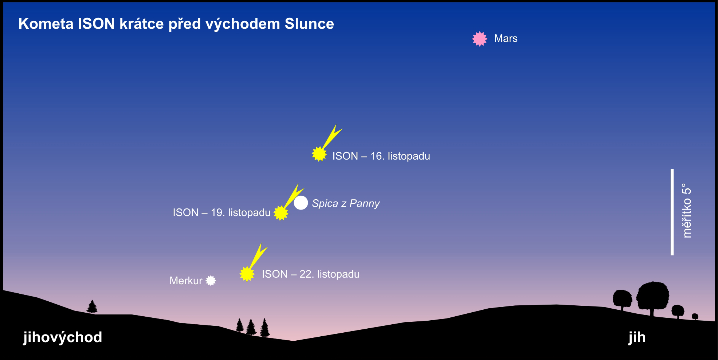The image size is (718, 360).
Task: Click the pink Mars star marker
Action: pyautogui.click(x=479, y=39)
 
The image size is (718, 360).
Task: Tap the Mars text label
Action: pyautogui.click(x=506, y=39)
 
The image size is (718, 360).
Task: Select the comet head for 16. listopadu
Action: pyautogui.click(x=319, y=154)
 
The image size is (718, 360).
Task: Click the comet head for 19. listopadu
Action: pyautogui.click(x=280, y=213)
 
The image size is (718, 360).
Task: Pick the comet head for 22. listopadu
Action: pyautogui.click(x=247, y=274)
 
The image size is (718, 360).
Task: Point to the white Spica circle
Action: pyautogui.click(x=301, y=203)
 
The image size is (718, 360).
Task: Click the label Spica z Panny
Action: pyautogui.click(x=346, y=203)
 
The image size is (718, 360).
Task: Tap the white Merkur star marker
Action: pyautogui.click(x=211, y=281)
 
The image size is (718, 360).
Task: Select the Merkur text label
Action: pyautogui.click(x=186, y=281)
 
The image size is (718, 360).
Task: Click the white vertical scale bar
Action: pyautogui.click(x=672, y=212)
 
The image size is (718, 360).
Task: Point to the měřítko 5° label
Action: pyautogui.click(x=686, y=211)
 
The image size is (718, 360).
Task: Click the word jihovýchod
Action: pyautogui.click(x=63, y=337)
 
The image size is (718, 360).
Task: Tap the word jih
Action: pyautogui.click(x=637, y=337)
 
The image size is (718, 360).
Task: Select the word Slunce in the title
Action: pyautogui.click(x=309, y=24)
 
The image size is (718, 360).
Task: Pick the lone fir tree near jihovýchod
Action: pyautogui.click(x=92, y=307)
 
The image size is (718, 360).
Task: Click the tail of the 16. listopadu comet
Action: pyautogui.click(x=331, y=137)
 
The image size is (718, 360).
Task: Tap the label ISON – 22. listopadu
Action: pyautogui.click(x=311, y=274)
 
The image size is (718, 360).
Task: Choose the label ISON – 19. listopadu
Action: pyautogui.click(x=221, y=212)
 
